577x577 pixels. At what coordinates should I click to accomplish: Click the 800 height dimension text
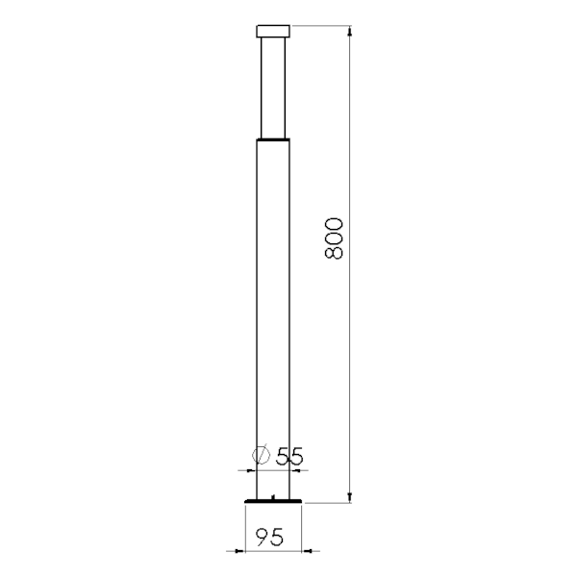tap(334, 238)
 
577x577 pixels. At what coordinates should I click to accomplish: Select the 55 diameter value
tap(289, 456)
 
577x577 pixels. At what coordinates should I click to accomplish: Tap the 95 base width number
tap(269, 537)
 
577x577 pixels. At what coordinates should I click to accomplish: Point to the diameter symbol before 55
tap(261, 455)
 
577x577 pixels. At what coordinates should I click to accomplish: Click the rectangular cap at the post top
tap(273, 32)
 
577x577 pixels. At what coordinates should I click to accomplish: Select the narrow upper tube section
tap(273, 88)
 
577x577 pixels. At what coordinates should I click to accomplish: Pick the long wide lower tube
tap(273, 319)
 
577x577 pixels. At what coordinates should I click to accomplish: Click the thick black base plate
tap(273, 501)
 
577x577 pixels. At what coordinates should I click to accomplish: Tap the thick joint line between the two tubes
tap(273, 139)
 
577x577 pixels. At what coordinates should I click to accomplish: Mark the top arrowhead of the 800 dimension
tap(350, 31)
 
